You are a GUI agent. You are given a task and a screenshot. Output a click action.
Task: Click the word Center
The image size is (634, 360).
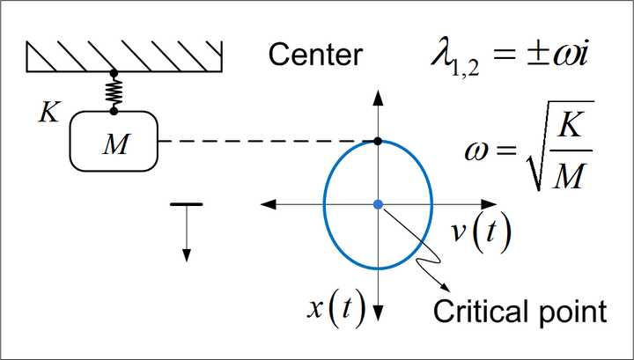click(x=314, y=55)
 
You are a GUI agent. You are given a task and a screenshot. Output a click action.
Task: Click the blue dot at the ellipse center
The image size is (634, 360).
click(x=378, y=204)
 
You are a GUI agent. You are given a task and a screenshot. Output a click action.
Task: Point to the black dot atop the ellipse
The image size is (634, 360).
click(x=378, y=141)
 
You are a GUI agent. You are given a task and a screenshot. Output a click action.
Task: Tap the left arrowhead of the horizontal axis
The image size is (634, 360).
click(x=267, y=204)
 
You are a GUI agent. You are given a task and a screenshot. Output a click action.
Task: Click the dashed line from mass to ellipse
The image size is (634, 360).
click(x=264, y=141)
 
